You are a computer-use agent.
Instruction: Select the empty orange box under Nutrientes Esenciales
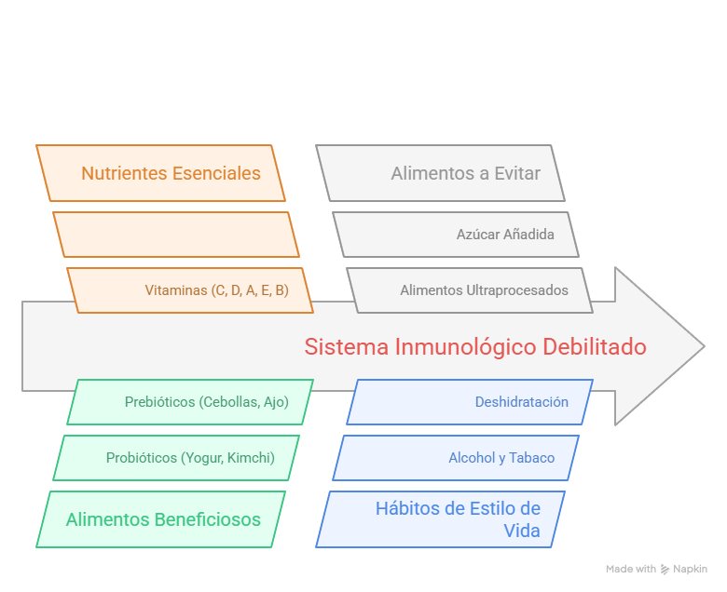(175, 235)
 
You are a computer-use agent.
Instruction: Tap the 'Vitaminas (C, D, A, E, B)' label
(216, 290)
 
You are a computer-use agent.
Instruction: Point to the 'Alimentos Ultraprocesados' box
(484, 290)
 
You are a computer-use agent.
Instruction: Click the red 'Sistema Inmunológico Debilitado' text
(475, 347)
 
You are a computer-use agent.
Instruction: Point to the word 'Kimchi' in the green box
(252, 458)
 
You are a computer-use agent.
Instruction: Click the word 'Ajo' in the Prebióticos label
(277, 402)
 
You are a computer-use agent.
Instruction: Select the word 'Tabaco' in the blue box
(532, 458)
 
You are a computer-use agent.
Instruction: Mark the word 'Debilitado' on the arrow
(597, 347)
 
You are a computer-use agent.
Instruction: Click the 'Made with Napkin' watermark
(656, 568)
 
